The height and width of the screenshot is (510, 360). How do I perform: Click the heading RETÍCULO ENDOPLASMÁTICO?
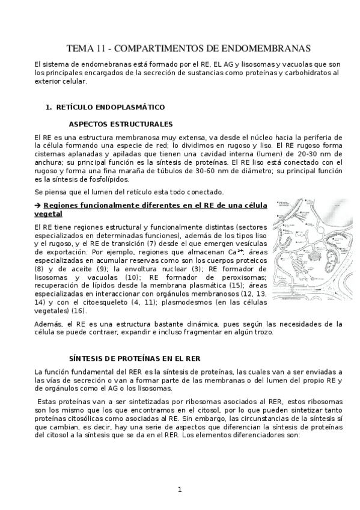click(110, 107)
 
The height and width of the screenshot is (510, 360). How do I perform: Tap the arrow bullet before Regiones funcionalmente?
click(38, 206)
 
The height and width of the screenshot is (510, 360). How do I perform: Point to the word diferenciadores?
click(257, 436)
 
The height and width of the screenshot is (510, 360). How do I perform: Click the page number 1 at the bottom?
click(180, 489)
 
